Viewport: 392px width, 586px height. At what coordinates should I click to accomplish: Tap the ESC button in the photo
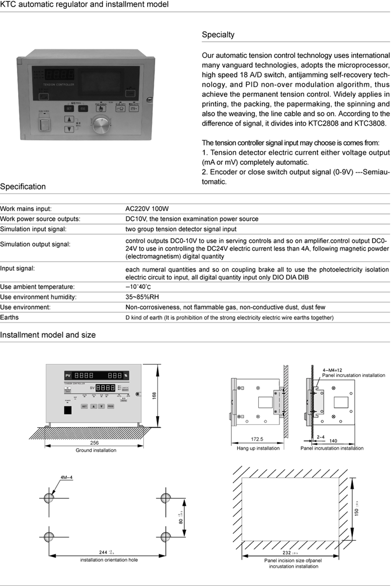pos(83,108)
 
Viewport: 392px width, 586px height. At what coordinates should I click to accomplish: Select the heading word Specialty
pos(218,35)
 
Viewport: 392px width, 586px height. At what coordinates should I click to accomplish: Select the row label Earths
pos(10,317)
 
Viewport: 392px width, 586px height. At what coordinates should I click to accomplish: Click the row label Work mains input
pos(26,208)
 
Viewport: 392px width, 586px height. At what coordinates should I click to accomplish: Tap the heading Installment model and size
pos(48,335)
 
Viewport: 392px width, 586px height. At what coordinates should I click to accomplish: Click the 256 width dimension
pos(94,443)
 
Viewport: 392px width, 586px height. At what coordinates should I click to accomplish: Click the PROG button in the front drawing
pos(111,406)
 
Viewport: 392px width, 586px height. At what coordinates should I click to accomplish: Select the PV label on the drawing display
pos(68,375)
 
